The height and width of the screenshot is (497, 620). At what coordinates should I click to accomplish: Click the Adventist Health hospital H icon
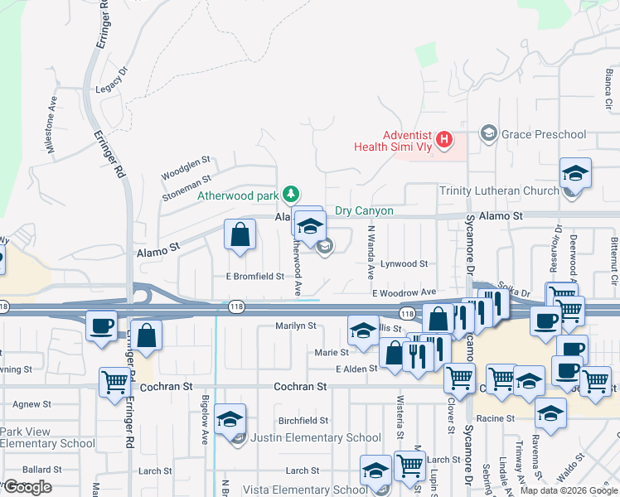coord(444,140)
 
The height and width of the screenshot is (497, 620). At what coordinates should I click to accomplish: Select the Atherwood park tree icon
coord(290,195)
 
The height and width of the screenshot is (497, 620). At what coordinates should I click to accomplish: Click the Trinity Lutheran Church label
coord(498,191)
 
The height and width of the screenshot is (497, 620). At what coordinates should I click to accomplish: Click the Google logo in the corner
coord(27,487)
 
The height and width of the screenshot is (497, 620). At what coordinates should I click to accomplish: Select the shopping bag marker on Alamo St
coord(240,235)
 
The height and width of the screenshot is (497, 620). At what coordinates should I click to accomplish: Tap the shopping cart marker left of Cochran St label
coord(114,384)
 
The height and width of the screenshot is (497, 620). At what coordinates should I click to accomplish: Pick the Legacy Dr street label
coord(114,79)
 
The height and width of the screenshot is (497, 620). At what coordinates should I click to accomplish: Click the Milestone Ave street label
coord(53,125)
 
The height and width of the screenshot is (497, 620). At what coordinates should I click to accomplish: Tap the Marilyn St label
coord(296,326)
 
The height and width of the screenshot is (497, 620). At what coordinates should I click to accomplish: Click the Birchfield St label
coord(303,421)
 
